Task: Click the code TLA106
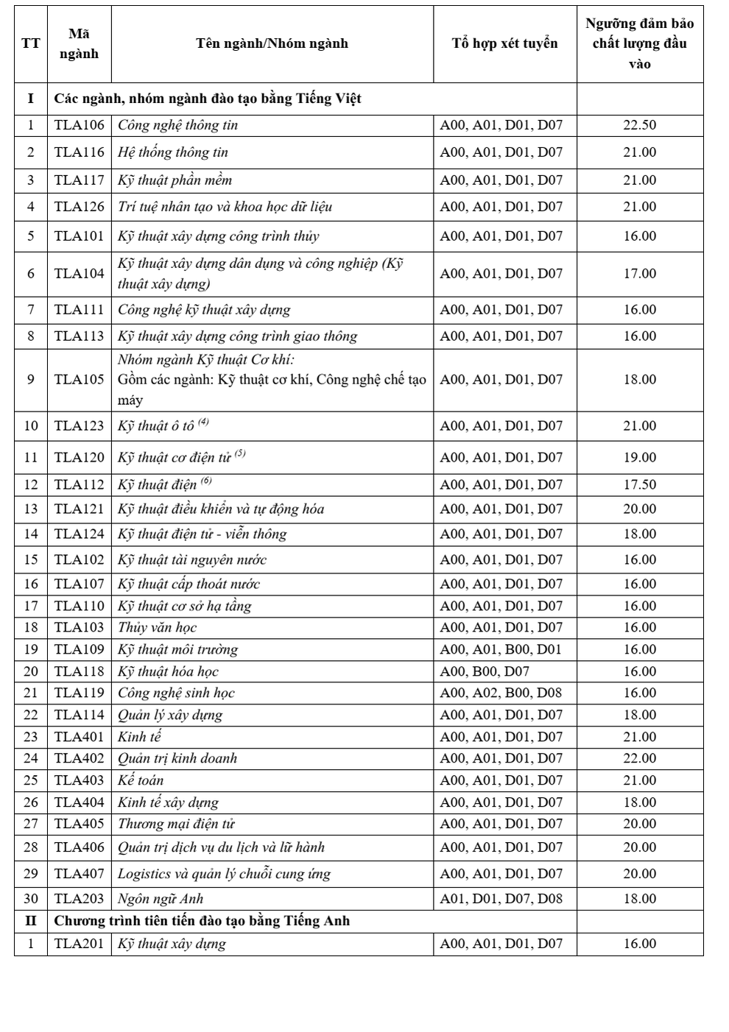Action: (x=80, y=125)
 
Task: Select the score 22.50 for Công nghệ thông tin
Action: (x=639, y=125)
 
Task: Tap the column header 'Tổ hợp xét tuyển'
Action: (x=504, y=43)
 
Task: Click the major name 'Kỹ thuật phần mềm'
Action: (x=175, y=180)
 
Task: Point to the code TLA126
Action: (x=80, y=207)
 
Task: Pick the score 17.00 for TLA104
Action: (x=639, y=274)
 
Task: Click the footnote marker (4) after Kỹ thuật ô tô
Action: (x=204, y=422)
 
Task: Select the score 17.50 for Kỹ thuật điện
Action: (x=639, y=485)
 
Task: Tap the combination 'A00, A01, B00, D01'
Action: (x=501, y=650)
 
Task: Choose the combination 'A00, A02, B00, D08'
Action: (x=501, y=693)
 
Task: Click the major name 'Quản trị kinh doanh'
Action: (x=177, y=759)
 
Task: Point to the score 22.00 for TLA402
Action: (x=639, y=759)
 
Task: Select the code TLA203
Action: (x=80, y=899)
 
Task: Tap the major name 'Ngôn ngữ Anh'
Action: (x=161, y=899)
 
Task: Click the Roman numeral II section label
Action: (x=31, y=921)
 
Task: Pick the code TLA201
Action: (x=80, y=944)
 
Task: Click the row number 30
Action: (x=31, y=899)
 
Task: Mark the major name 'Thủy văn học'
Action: (x=157, y=628)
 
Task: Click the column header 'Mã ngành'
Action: (x=80, y=43)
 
